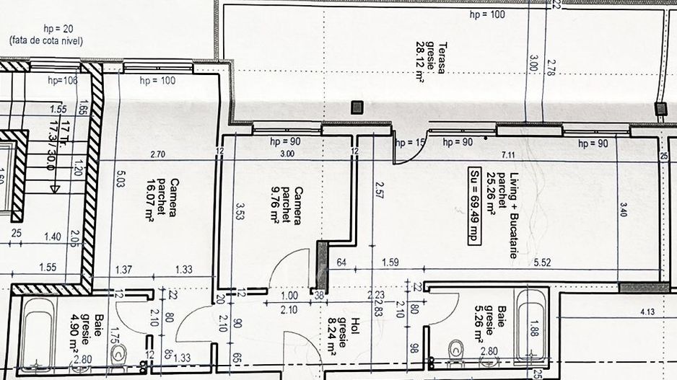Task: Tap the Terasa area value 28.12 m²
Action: coord(419,62)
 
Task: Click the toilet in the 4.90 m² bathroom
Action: coord(120,353)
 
